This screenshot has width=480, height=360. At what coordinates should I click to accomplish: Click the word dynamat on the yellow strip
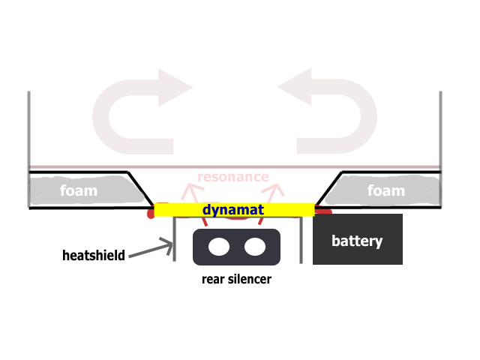pyautogui.click(x=233, y=210)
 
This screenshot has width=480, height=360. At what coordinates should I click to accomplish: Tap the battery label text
pyautogui.click(x=357, y=241)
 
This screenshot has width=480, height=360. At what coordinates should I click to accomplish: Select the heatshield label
pyautogui.click(x=94, y=255)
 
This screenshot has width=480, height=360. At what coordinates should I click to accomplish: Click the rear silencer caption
pyautogui.click(x=236, y=279)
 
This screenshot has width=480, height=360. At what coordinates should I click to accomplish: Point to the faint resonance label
pyautogui.click(x=233, y=177)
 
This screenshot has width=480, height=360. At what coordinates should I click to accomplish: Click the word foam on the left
pyautogui.click(x=79, y=190)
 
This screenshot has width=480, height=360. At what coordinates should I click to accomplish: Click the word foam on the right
pyautogui.click(x=386, y=190)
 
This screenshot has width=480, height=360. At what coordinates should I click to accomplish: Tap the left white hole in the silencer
pyautogui.click(x=219, y=247)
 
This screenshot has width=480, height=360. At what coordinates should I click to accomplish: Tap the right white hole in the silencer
pyautogui.click(x=255, y=247)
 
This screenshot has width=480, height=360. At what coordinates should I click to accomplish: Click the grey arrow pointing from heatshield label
pyautogui.click(x=151, y=249)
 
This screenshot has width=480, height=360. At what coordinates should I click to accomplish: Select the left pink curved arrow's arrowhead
pyautogui.click(x=175, y=88)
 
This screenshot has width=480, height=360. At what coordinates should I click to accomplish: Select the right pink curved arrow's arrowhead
pyautogui.click(x=295, y=87)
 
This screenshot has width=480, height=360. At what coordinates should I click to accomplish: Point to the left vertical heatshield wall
pyautogui.click(x=174, y=239)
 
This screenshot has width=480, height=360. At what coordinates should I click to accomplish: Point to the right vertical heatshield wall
pyautogui.click(x=301, y=240)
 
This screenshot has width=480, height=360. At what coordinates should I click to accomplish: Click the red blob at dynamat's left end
pyautogui.click(x=151, y=211)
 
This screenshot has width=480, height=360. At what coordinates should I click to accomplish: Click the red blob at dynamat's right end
pyautogui.click(x=323, y=211)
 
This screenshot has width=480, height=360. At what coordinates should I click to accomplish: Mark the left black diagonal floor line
pyautogui.click(x=140, y=188)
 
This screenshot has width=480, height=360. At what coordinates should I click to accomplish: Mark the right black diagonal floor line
pyautogui.click(x=328, y=188)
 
